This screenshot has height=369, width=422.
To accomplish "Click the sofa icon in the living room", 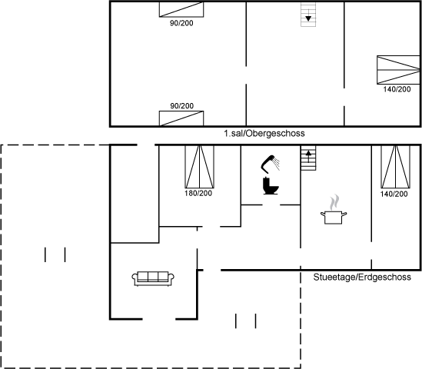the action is coord(153,278).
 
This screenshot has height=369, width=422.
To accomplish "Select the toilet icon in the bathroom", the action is coord(271,186).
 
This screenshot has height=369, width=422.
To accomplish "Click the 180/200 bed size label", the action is coord(198,193).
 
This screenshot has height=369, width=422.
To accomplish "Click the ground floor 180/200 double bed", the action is coord(199,167).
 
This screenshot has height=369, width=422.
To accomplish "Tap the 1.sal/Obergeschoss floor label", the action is coord(264,134).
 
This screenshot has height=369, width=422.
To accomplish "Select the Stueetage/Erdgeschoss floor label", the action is coord(362,278).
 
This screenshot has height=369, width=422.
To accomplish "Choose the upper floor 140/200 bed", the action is coord(398,70).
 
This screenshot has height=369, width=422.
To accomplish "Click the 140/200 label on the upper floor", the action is coord(397,89).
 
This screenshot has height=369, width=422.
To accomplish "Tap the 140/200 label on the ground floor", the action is coord(394,194).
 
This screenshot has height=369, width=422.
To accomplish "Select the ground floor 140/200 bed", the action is coord(395,167).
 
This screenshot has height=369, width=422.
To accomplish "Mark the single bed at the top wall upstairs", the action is coord(181,10).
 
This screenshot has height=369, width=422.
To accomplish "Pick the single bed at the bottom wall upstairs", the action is coord(181,118).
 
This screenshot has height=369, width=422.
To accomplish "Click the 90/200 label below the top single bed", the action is coord(181,23).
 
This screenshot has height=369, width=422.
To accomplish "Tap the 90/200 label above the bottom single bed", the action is coord(181,106).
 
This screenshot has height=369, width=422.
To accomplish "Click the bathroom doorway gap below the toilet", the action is coord(271,204).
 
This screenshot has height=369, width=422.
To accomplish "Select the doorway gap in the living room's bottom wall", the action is coord(159,319).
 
